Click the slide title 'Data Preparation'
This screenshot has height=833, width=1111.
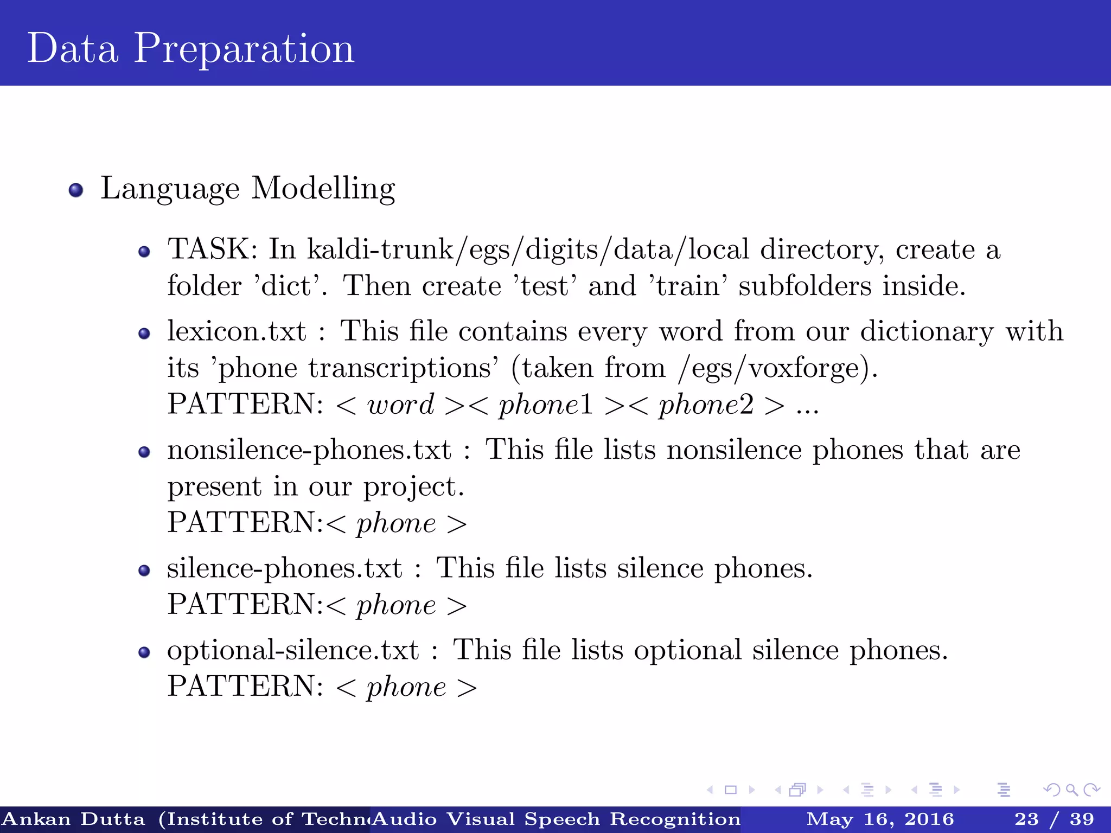(x=190, y=49)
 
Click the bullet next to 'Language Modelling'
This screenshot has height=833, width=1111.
(x=76, y=190)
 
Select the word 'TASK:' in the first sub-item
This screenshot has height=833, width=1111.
(x=212, y=249)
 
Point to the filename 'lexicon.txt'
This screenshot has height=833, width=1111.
(x=237, y=331)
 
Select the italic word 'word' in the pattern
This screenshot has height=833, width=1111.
(x=400, y=405)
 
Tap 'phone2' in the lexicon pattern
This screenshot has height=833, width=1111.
(x=706, y=405)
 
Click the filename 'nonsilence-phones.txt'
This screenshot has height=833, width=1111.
(x=309, y=450)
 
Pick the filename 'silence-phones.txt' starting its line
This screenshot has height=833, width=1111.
(x=284, y=568)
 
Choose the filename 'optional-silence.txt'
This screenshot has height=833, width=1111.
(x=293, y=650)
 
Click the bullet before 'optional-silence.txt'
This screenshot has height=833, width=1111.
(x=144, y=652)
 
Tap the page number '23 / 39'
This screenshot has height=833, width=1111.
(x=1054, y=819)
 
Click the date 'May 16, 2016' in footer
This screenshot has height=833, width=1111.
(x=879, y=819)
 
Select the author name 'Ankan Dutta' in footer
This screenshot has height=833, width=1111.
(x=74, y=819)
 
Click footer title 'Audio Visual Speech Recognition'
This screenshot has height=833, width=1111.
(x=556, y=819)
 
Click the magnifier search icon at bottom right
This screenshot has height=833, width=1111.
(x=1071, y=790)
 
